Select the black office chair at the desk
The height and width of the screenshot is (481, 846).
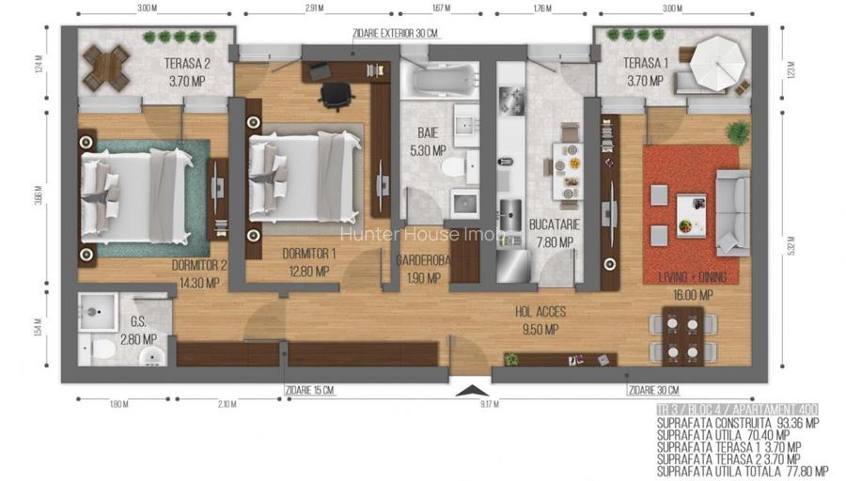coord(334,94)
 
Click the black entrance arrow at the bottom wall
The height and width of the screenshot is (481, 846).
coord(474,390)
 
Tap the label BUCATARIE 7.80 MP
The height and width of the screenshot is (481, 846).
coord(554,233)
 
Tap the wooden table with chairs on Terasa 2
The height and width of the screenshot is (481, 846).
coord(105,68)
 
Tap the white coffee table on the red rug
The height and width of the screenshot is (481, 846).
coord(691,214)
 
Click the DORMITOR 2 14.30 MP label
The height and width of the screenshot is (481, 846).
coord(200,272)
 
